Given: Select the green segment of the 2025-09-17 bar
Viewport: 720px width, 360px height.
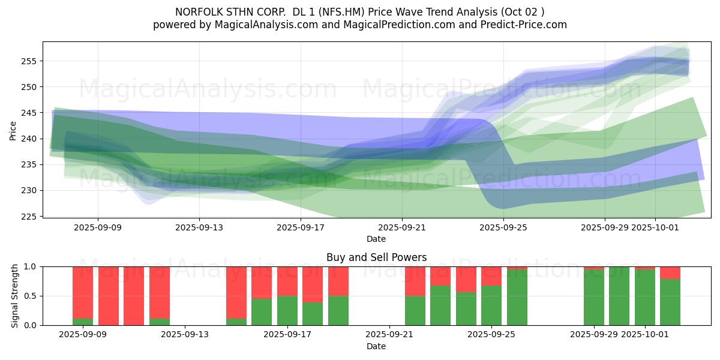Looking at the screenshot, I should tap(287, 310).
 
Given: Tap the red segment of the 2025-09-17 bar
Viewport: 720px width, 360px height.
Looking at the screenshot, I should tap(287, 281).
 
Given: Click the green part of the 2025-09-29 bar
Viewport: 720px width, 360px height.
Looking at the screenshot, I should tap(594, 297).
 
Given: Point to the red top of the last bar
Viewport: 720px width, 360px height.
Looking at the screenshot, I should tap(670, 273).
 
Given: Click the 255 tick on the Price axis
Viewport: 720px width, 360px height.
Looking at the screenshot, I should tap(30, 61).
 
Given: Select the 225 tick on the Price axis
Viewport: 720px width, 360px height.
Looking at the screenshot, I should tap(30, 216).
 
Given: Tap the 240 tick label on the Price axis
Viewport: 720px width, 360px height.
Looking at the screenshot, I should tap(30, 139).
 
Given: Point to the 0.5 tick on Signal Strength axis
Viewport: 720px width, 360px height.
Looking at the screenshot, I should tap(30, 296).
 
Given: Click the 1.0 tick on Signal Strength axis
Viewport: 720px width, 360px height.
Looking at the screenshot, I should tap(30, 266).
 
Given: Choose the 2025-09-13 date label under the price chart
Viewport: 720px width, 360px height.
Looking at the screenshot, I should tap(200, 227).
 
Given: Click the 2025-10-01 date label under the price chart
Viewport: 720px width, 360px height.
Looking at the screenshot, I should tap(655, 227).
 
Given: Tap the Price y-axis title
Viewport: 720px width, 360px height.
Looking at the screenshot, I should tap(13, 130).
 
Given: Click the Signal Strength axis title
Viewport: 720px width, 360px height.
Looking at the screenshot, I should tap(15, 296).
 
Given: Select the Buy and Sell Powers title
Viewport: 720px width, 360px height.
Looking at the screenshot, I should tap(376, 257).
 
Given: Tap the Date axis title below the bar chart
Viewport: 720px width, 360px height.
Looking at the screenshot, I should tap(376, 346).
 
